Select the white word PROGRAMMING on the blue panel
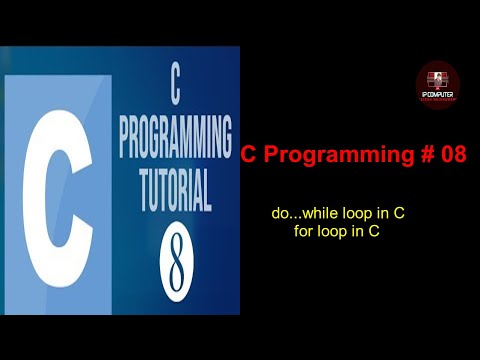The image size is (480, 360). (x=176, y=137)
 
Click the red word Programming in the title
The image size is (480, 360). (x=329, y=155)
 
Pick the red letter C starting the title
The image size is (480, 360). (x=249, y=155)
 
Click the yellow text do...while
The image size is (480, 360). (x=306, y=214)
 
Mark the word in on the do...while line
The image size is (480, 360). (x=382, y=214)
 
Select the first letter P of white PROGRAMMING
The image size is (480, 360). (x=124, y=137)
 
